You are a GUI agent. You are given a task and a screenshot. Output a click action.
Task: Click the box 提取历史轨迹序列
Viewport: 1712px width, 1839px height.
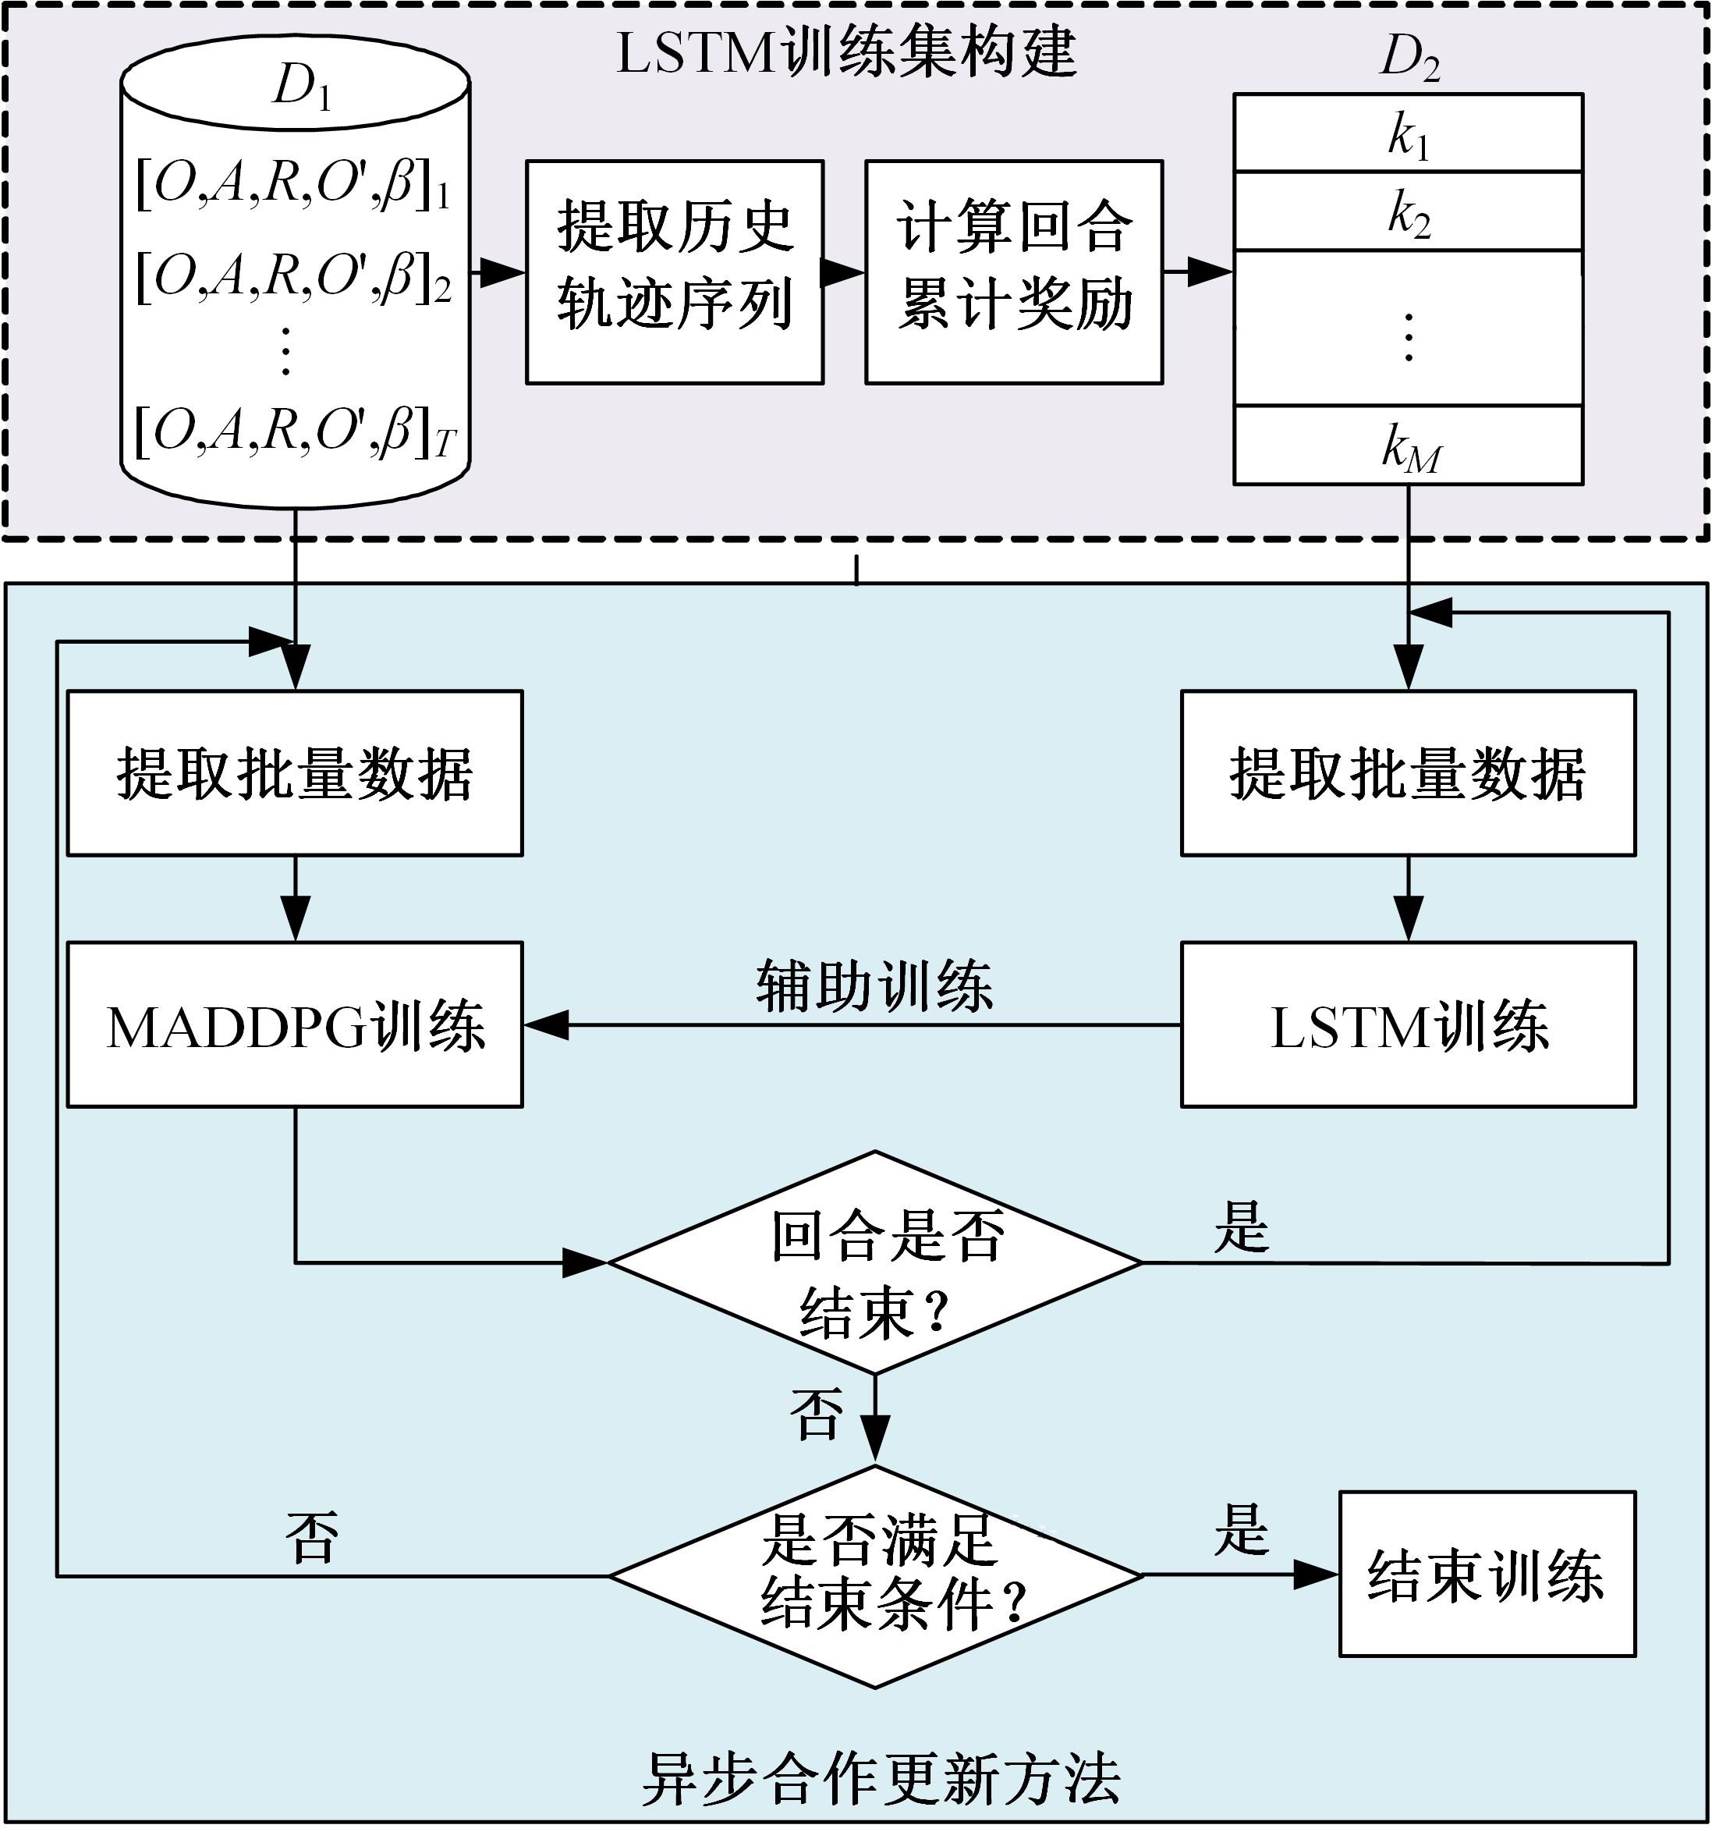coord(674,272)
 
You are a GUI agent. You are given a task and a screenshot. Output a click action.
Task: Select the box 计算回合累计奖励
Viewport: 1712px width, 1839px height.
coord(1014,272)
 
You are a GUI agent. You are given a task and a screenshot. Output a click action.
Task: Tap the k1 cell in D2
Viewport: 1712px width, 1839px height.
coord(1408,135)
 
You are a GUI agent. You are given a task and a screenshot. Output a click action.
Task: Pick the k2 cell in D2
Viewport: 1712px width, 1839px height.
coord(1408,213)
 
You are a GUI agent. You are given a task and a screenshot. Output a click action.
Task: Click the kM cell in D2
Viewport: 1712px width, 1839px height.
coord(1408,447)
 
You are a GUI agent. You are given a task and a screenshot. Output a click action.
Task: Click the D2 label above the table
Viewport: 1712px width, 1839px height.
coord(1409,58)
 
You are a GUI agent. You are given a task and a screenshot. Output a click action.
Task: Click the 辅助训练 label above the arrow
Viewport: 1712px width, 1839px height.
coord(874,986)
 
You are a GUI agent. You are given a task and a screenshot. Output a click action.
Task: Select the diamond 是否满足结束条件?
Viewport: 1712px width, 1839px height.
coord(875,1575)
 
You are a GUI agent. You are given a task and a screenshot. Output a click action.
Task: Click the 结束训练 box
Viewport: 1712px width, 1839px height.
coord(1487,1575)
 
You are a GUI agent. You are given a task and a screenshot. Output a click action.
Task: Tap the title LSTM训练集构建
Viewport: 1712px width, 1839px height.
coord(846,53)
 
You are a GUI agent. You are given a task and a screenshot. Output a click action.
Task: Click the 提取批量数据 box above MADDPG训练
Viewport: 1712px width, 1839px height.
coord(295,773)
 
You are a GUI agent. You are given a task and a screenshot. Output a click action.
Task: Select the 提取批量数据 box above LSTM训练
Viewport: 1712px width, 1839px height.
coord(1408,773)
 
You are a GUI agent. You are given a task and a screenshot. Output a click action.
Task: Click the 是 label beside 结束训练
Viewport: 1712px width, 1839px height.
coord(1241,1530)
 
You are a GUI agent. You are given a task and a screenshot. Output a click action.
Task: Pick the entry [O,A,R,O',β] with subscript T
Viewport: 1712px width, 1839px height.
coord(294,433)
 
